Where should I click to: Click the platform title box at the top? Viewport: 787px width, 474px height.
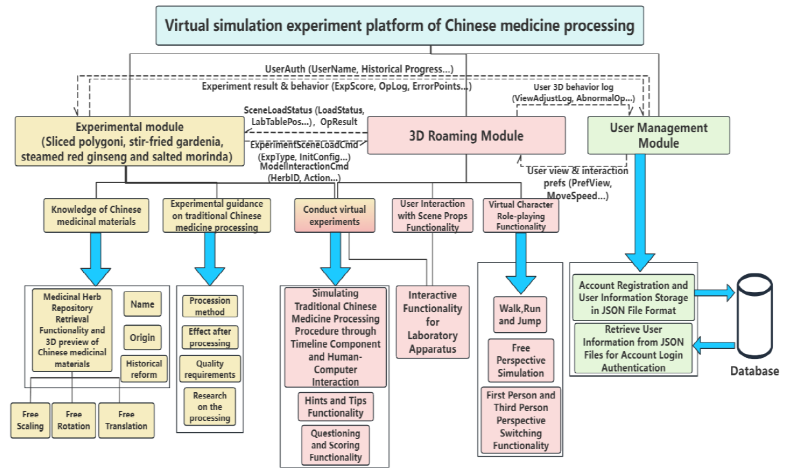[x=400, y=26]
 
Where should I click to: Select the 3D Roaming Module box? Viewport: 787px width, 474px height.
[x=466, y=136]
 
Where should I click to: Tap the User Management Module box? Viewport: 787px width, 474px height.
[x=658, y=135]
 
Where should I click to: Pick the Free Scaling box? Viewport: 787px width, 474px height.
[x=30, y=420]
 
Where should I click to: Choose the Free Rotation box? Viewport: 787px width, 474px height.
[x=73, y=420]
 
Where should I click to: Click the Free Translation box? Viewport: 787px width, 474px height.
[x=126, y=420]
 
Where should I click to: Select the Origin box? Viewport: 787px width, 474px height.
[x=142, y=337]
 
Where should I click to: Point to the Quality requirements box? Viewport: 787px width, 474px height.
[x=210, y=369]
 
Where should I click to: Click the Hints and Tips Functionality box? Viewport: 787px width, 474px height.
[x=335, y=407]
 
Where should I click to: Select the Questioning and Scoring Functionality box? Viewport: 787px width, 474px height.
[x=335, y=446]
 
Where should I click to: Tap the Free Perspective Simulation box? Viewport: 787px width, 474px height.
[x=520, y=361]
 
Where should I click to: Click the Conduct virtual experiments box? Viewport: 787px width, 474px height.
[x=334, y=215]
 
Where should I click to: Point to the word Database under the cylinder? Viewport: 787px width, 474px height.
[x=754, y=371]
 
